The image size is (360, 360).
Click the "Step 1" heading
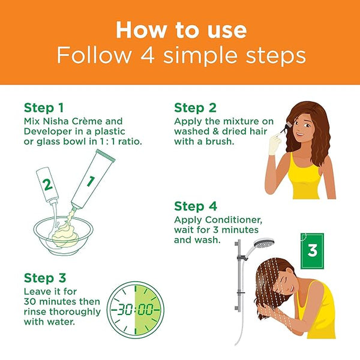pos(44,108)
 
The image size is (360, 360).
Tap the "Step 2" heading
pos(195,108)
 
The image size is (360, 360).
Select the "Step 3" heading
pos(45,278)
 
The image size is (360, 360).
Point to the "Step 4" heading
pos(196,206)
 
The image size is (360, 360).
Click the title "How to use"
pos(181,30)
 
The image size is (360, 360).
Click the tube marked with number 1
pos(93,179)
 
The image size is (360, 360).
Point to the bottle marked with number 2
pos(47,185)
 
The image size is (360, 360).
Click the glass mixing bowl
pos(64,236)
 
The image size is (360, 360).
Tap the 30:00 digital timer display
pos(136,310)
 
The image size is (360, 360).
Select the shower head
pos(263,244)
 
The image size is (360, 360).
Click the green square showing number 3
pos(312,251)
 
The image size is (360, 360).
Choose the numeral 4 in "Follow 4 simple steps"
pos(148,55)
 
